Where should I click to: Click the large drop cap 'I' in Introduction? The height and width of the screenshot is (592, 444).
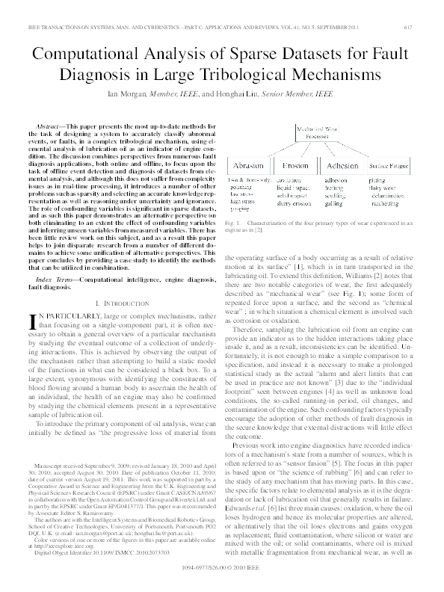(x=31, y=321)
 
